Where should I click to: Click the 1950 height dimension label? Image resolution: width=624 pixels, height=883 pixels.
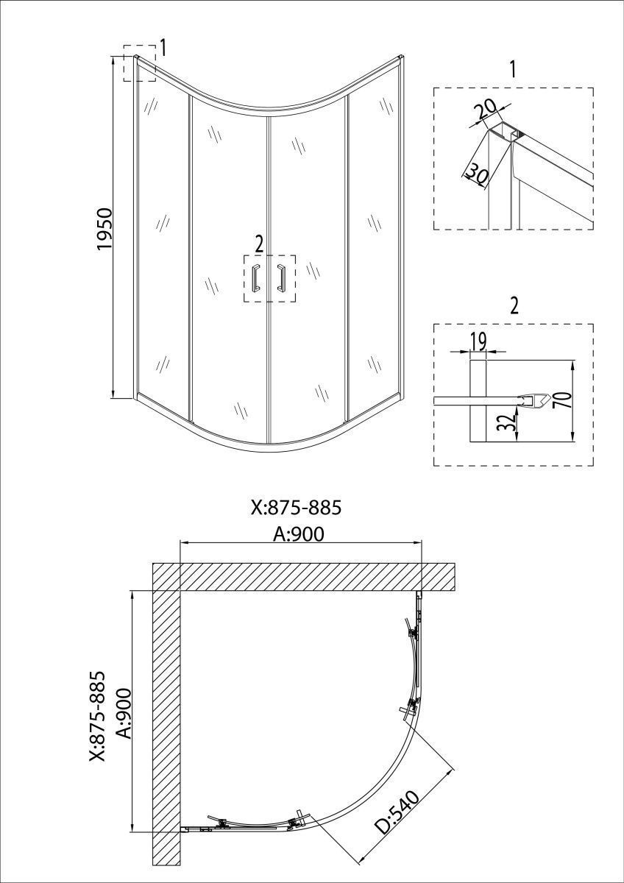click(x=104, y=229)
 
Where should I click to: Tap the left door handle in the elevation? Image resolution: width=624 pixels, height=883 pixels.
click(x=255, y=278)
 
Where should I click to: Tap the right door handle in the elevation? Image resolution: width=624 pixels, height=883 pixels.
click(x=280, y=278)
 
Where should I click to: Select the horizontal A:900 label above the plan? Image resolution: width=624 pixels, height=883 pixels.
click(x=299, y=535)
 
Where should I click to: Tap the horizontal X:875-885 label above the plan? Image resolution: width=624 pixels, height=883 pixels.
click(x=296, y=508)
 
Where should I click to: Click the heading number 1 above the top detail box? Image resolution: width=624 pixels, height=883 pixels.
click(x=513, y=70)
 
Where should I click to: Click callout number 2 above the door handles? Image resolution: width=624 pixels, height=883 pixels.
click(x=259, y=244)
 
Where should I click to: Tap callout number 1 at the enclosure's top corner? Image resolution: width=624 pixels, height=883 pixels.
click(x=163, y=49)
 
